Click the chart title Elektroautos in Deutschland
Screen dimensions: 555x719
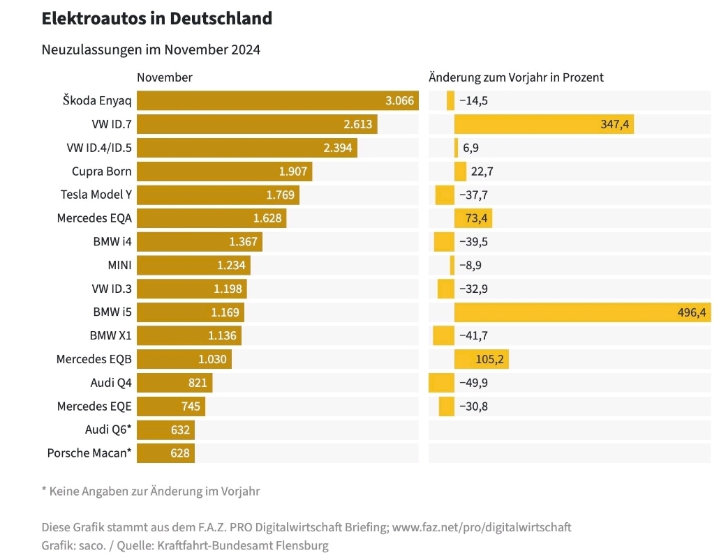pyautogui.click(x=156, y=19)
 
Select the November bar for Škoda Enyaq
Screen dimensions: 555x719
pyautogui.click(x=277, y=100)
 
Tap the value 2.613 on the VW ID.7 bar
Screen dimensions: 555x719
pyautogui.click(x=357, y=124)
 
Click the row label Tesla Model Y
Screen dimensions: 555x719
pyautogui.click(x=96, y=195)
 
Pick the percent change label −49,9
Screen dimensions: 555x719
pyautogui.click(x=473, y=383)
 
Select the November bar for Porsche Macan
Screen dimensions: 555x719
pyautogui.click(x=165, y=453)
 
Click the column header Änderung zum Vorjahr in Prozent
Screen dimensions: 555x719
pyautogui.click(x=516, y=77)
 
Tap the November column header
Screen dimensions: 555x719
pyautogui.click(x=165, y=77)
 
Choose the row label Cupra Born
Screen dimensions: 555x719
pyautogui.click(x=101, y=172)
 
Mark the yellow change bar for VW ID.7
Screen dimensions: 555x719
pyautogui.click(x=544, y=124)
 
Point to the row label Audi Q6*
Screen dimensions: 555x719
pyautogui.click(x=108, y=429)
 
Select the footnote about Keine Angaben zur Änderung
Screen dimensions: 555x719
pyautogui.click(x=151, y=491)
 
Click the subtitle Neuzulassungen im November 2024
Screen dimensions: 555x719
pyautogui.click(x=151, y=50)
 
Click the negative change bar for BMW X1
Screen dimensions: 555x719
pyautogui.click(x=443, y=335)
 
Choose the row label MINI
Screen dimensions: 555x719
pyautogui.click(x=119, y=265)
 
